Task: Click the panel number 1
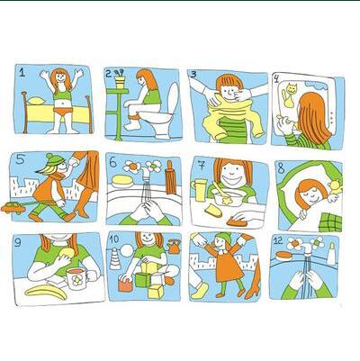coord(22,72)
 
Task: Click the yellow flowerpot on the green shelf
coord(120,82)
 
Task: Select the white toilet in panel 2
coord(161,114)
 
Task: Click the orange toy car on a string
coord(13,208)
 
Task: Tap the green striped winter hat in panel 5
coord(54,159)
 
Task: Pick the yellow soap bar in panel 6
coord(122,180)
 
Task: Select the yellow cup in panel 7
coord(200,190)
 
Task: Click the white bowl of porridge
coord(228,197)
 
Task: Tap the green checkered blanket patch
coord(330,222)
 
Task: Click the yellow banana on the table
coord(46,292)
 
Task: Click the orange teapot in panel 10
coord(174,247)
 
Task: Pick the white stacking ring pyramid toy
coord(115,259)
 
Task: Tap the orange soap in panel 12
coord(283,256)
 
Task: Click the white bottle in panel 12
coord(331,253)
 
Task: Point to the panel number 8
coord(281,168)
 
